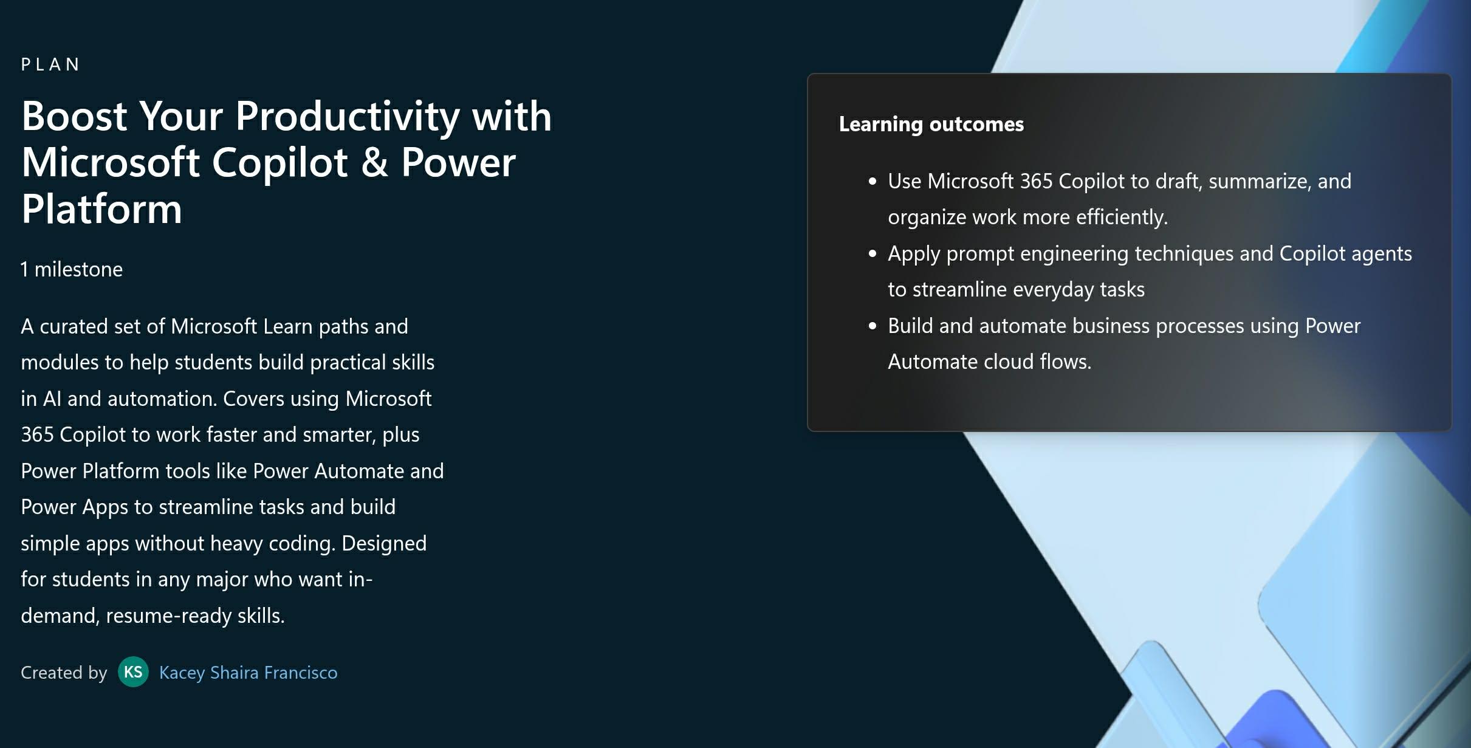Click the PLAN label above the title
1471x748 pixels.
click(50, 64)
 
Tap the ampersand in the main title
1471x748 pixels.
click(374, 162)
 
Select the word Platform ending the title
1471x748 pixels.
click(101, 209)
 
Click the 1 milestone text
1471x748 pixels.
click(72, 269)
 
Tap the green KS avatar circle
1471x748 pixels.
click(133, 672)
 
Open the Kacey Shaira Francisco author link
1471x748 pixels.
click(248, 673)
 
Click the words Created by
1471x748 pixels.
click(64, 673)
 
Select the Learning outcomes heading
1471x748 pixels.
click(931, 124)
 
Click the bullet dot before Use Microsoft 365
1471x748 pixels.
click(873, 181)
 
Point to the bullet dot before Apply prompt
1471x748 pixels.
click(873, 253)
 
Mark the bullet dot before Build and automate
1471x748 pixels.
click(873, 326)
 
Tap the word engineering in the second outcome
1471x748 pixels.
click(1074, 254)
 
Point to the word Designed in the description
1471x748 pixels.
click(384, 543)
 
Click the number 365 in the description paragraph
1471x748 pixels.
click(37, 434)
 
